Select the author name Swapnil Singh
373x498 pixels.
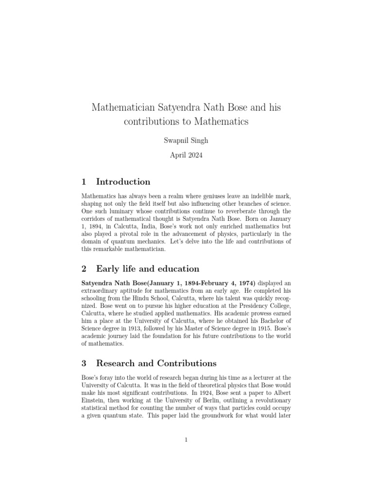click(186, 140)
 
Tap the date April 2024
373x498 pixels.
click(186, 156)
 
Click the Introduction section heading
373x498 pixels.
click(123, 182)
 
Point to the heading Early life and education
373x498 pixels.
click(148, 268)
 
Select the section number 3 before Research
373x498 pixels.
click(84, 363)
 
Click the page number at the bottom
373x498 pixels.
click(186, 440)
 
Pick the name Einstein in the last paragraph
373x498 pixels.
click(95, 401)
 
